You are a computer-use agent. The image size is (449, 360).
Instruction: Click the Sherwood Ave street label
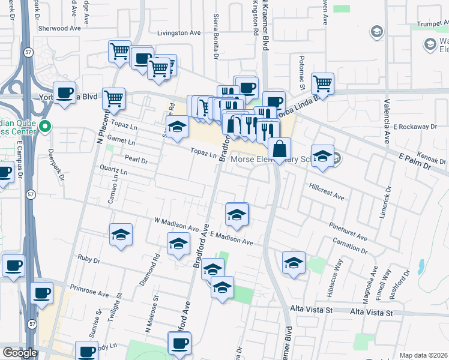59,28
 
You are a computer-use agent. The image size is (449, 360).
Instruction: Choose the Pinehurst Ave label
348,232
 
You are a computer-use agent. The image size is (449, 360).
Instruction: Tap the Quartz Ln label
114,171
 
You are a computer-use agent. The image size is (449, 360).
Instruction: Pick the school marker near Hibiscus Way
294,262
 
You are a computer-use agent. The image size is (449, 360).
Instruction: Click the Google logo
20,353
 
